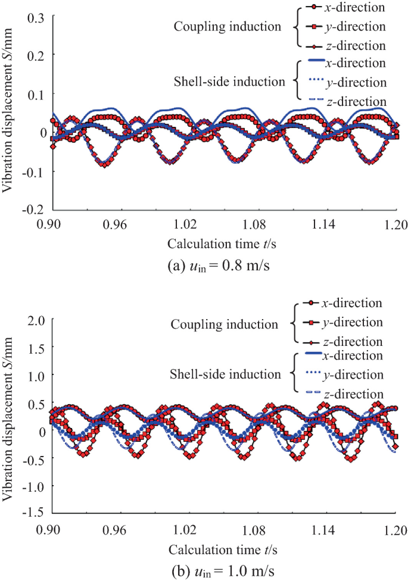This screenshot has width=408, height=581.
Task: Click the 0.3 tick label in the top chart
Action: (x=36, y=16)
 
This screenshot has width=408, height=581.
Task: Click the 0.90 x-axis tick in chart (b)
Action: (x=53, y=527)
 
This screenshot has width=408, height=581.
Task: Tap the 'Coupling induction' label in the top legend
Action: (x=226, y=27)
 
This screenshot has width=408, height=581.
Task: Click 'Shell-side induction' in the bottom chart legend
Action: (x=225, y=374)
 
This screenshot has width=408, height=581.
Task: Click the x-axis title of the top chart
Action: (x=224, y=244)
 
